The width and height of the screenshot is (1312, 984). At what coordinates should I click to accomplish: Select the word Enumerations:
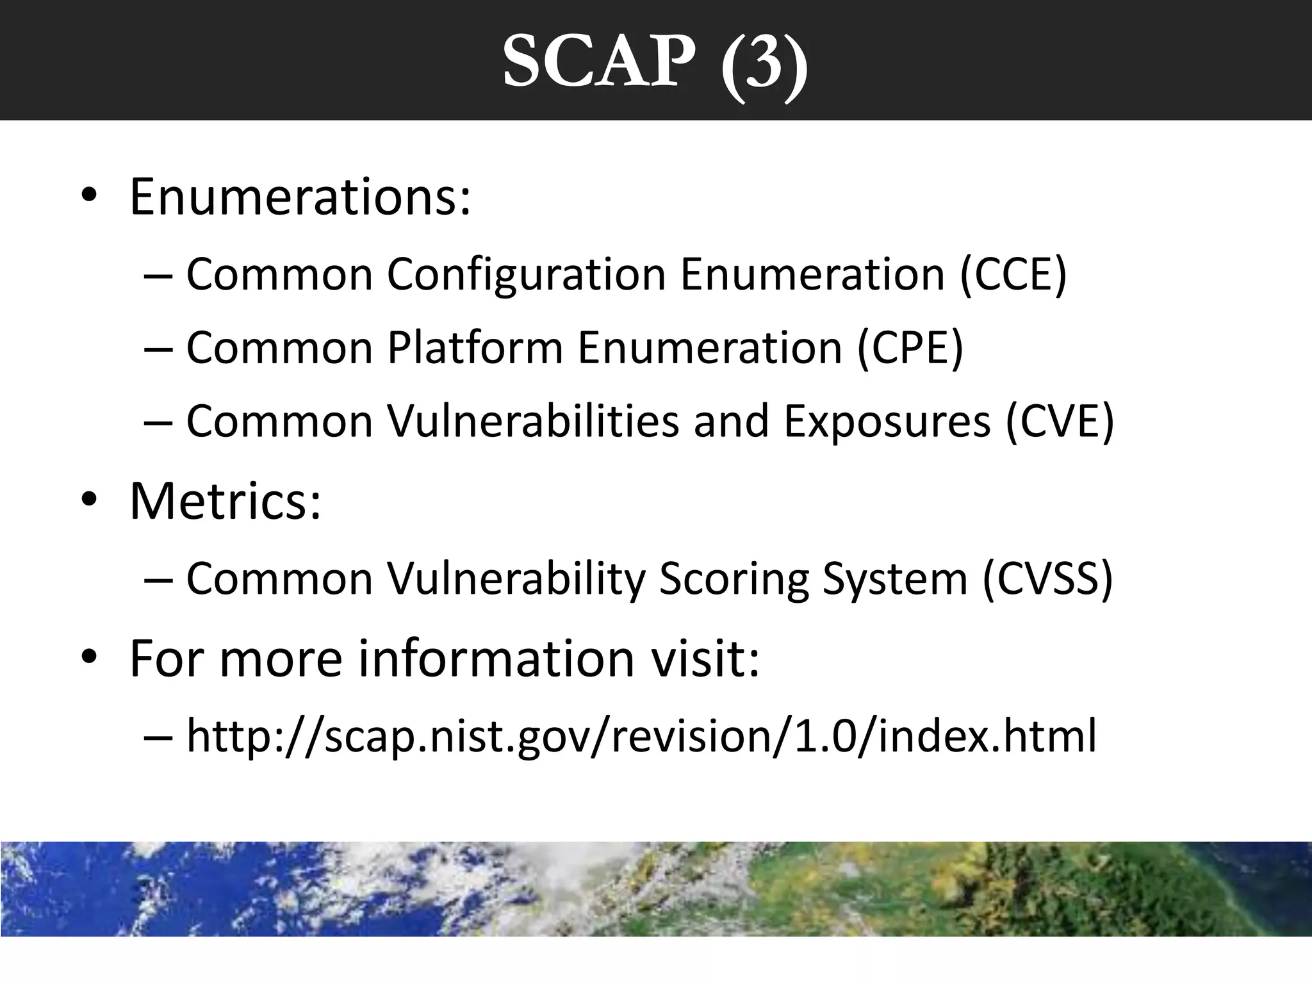coord(300,196)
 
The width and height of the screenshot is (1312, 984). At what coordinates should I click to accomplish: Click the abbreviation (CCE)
coord(1013,274)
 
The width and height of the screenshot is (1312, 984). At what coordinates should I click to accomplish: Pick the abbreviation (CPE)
coord(910,348)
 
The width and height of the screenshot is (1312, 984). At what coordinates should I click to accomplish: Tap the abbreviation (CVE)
coord(1060,422)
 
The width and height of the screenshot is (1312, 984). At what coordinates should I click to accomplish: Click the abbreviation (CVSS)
coord(1047,579)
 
